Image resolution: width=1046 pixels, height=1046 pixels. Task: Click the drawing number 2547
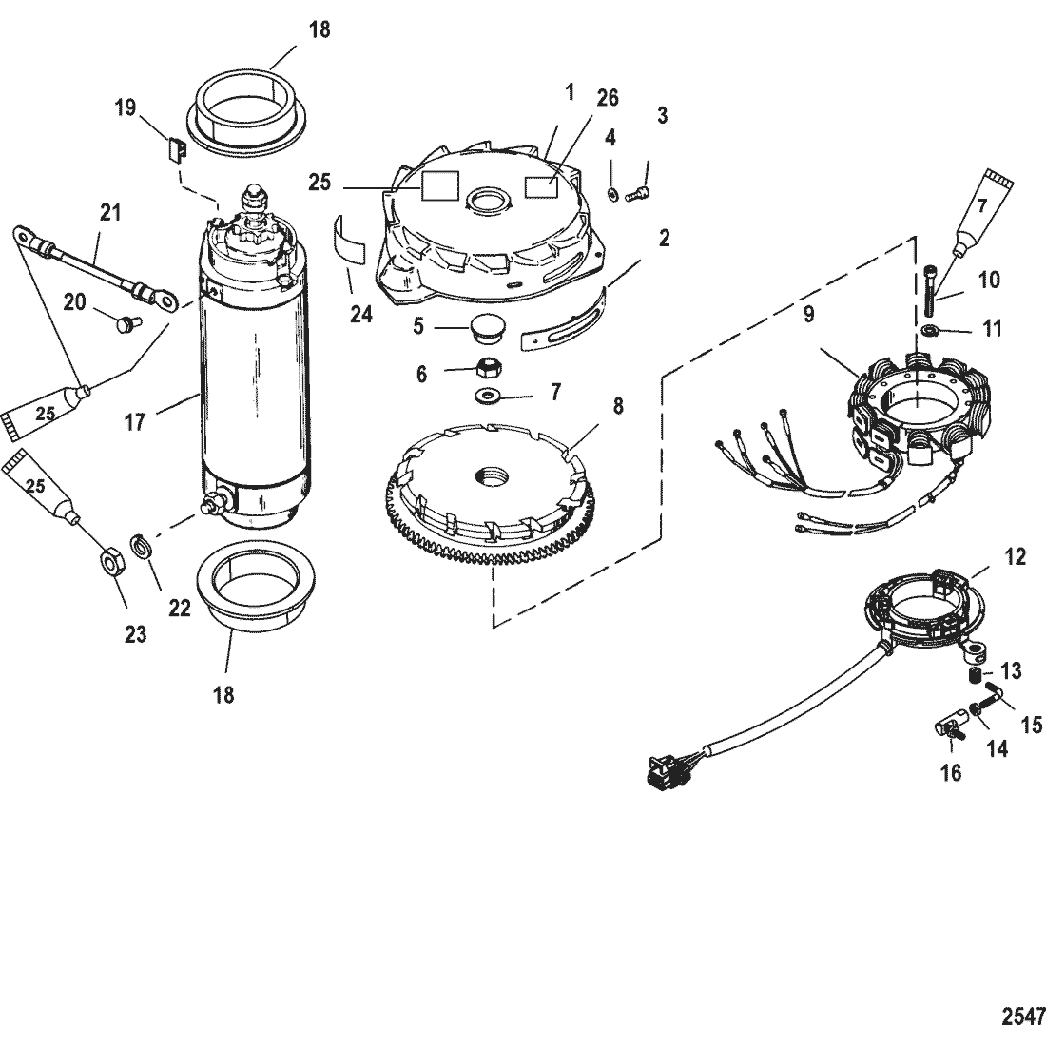1023,1017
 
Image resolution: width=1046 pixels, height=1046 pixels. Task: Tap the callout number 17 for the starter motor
134,421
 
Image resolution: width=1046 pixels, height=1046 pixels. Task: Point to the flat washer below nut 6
487,397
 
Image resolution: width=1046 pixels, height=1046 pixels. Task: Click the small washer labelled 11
929,330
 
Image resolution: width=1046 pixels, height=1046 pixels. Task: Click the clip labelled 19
176,149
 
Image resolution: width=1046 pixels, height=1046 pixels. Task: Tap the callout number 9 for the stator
808,314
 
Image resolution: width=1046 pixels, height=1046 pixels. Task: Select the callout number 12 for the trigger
1015,556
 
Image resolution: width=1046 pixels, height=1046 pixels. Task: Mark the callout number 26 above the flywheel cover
607,98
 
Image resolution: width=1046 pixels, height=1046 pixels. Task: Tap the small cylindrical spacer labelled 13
974,676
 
